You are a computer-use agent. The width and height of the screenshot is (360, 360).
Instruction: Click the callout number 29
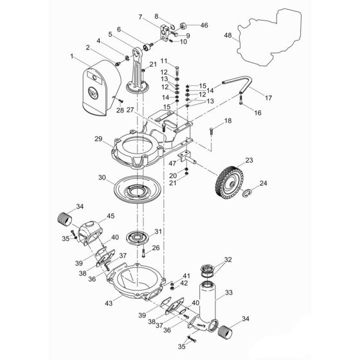[98, 139]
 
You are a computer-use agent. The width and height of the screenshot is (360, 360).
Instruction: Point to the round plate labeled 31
[137, 235]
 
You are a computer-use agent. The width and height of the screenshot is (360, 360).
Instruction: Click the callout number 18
[228, 121]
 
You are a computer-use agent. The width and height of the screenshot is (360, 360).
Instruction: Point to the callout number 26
[155, 247]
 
